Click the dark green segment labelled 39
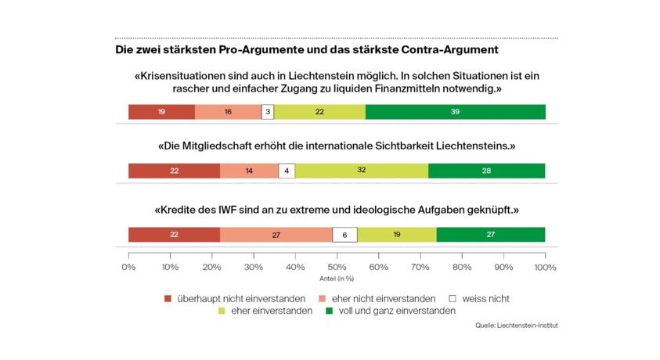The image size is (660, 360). (x=455, y=112)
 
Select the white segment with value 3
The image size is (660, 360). (x=268, y=112)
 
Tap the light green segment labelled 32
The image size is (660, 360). (x=362, y=171)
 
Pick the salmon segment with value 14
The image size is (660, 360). (x=249, y=171)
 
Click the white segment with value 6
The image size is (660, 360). (x=344, y=235)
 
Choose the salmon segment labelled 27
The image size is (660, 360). (x=276, y=235)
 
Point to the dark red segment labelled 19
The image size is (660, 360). (x=161, y=112)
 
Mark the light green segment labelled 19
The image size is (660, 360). (x=397, y=235)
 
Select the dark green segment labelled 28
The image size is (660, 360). (x=486, y=171)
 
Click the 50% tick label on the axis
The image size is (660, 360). (x=337, y=267)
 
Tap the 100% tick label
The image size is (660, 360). (x=545, y=267)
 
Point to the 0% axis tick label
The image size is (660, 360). (x=128, y=267)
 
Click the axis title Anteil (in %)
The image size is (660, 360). (x=337, y=278)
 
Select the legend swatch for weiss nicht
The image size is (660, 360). (x=452, y=298)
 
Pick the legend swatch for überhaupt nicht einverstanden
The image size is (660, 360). (x=168, y=298)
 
